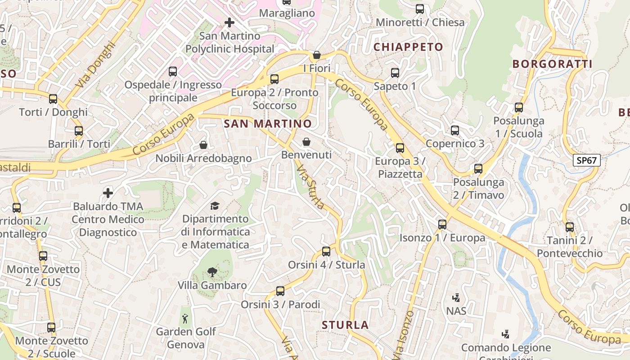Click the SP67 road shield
pyautogui.click(x=587, y=160)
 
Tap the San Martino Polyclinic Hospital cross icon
pyautogui.click(x=229, y=22)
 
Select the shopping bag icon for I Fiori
pyautogui.click(x=317, y=55)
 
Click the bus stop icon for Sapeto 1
pyautogui.click(x=395, y=72)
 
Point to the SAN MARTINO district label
pyautogui.click(x=268, y=123)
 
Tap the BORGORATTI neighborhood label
pyautogui.click(x=552, y=64)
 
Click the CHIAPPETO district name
pyautogui.click(x=408, y=47)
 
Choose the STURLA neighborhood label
pyautogui.click(x=345, y=325)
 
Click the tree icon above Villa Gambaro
pyautogui.click(x=212, y=272)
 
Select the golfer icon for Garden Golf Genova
pyautogui.click(x=185, y=319)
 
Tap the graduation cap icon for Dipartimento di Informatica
pyautogui.click(x=215, y=206)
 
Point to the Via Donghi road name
pyautogui.click(x=95, y=65)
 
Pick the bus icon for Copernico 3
pyautogui.click(x=455, y=130)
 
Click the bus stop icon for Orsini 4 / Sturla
pyautogui.click(x=326, y=252)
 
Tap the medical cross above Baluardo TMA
pyautogui.click(x=108, y=193)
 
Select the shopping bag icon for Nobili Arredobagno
pyautogui.click(x=203, y=145)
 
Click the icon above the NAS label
pyautogui.click(x=456, y=297)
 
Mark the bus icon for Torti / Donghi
pyautogui.click(x=53, y=99)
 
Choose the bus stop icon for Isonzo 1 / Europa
pyautogui.click(x=442, y=225)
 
